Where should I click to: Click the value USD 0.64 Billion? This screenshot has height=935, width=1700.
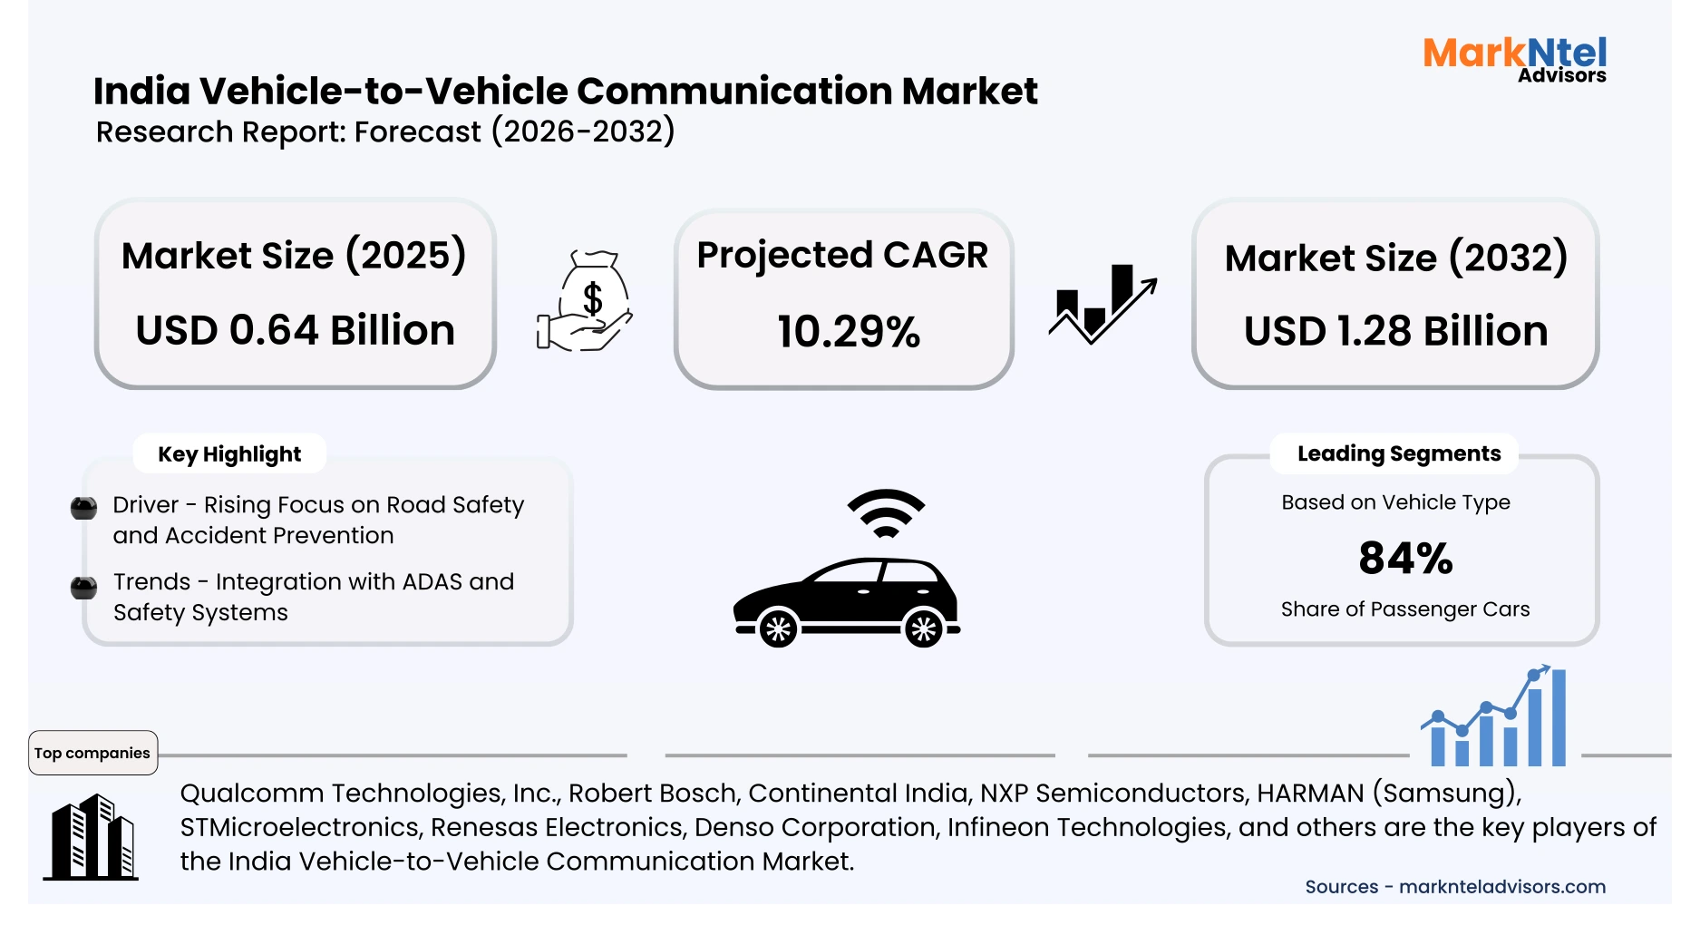pos(295,330)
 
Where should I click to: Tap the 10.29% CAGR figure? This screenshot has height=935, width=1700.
pos(848,332)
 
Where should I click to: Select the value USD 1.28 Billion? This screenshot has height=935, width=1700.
pos(1395,331)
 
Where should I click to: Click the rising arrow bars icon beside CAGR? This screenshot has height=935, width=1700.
pos(1103,304)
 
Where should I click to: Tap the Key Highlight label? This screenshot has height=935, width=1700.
pos(228,454)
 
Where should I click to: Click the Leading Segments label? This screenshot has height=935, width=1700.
pos(1398,453)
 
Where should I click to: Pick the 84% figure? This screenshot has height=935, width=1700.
pos(1405,558)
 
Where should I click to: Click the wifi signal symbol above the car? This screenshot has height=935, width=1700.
pos(886,513)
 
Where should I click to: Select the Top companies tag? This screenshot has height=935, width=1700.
pos(92,753)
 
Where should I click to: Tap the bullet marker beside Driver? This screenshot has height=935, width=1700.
pos(84,508)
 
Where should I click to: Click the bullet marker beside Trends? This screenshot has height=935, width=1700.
pos(84,588)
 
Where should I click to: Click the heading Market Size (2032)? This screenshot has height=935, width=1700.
pos(1395,258)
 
